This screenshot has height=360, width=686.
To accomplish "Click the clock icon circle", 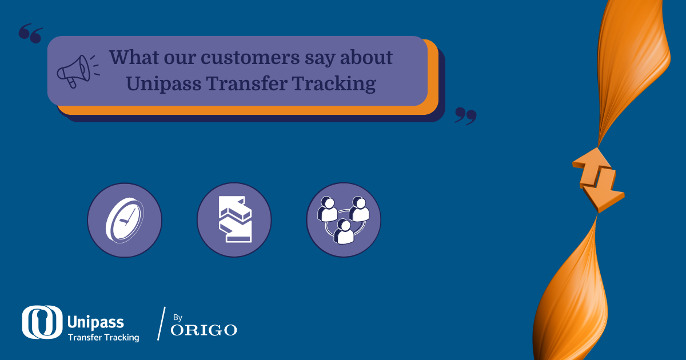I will coord(125,220).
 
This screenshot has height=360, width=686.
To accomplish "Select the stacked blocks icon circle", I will coord(234,220).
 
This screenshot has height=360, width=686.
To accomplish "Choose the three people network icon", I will coord(344,220).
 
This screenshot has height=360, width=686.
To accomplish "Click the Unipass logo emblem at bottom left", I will coord(42,322).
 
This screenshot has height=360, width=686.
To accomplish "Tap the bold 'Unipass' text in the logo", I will coord(95,322).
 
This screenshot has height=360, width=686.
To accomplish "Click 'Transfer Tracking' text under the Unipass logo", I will coord(103,337).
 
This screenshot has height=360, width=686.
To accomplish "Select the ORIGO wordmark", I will coord(204,330).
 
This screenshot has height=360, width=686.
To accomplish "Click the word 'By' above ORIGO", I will coord(177,317).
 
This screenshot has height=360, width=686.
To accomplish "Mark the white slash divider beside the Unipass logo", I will coord(161,323).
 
